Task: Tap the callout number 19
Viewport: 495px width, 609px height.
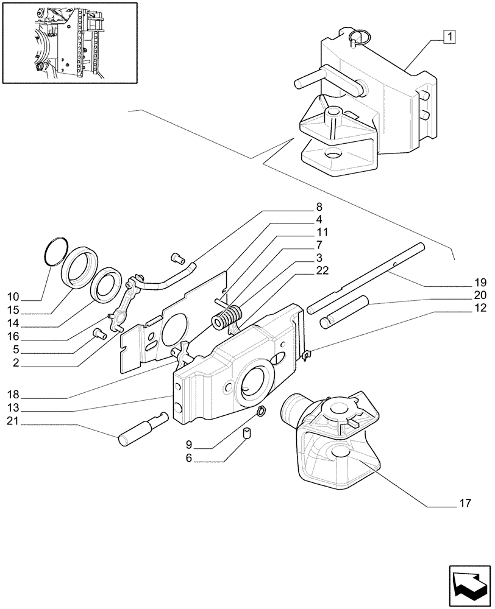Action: point(480,283)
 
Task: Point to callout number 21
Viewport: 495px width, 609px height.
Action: point(12,421)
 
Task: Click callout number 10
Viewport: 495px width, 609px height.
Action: point(13,297)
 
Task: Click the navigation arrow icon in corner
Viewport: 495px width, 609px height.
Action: point(466,583)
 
